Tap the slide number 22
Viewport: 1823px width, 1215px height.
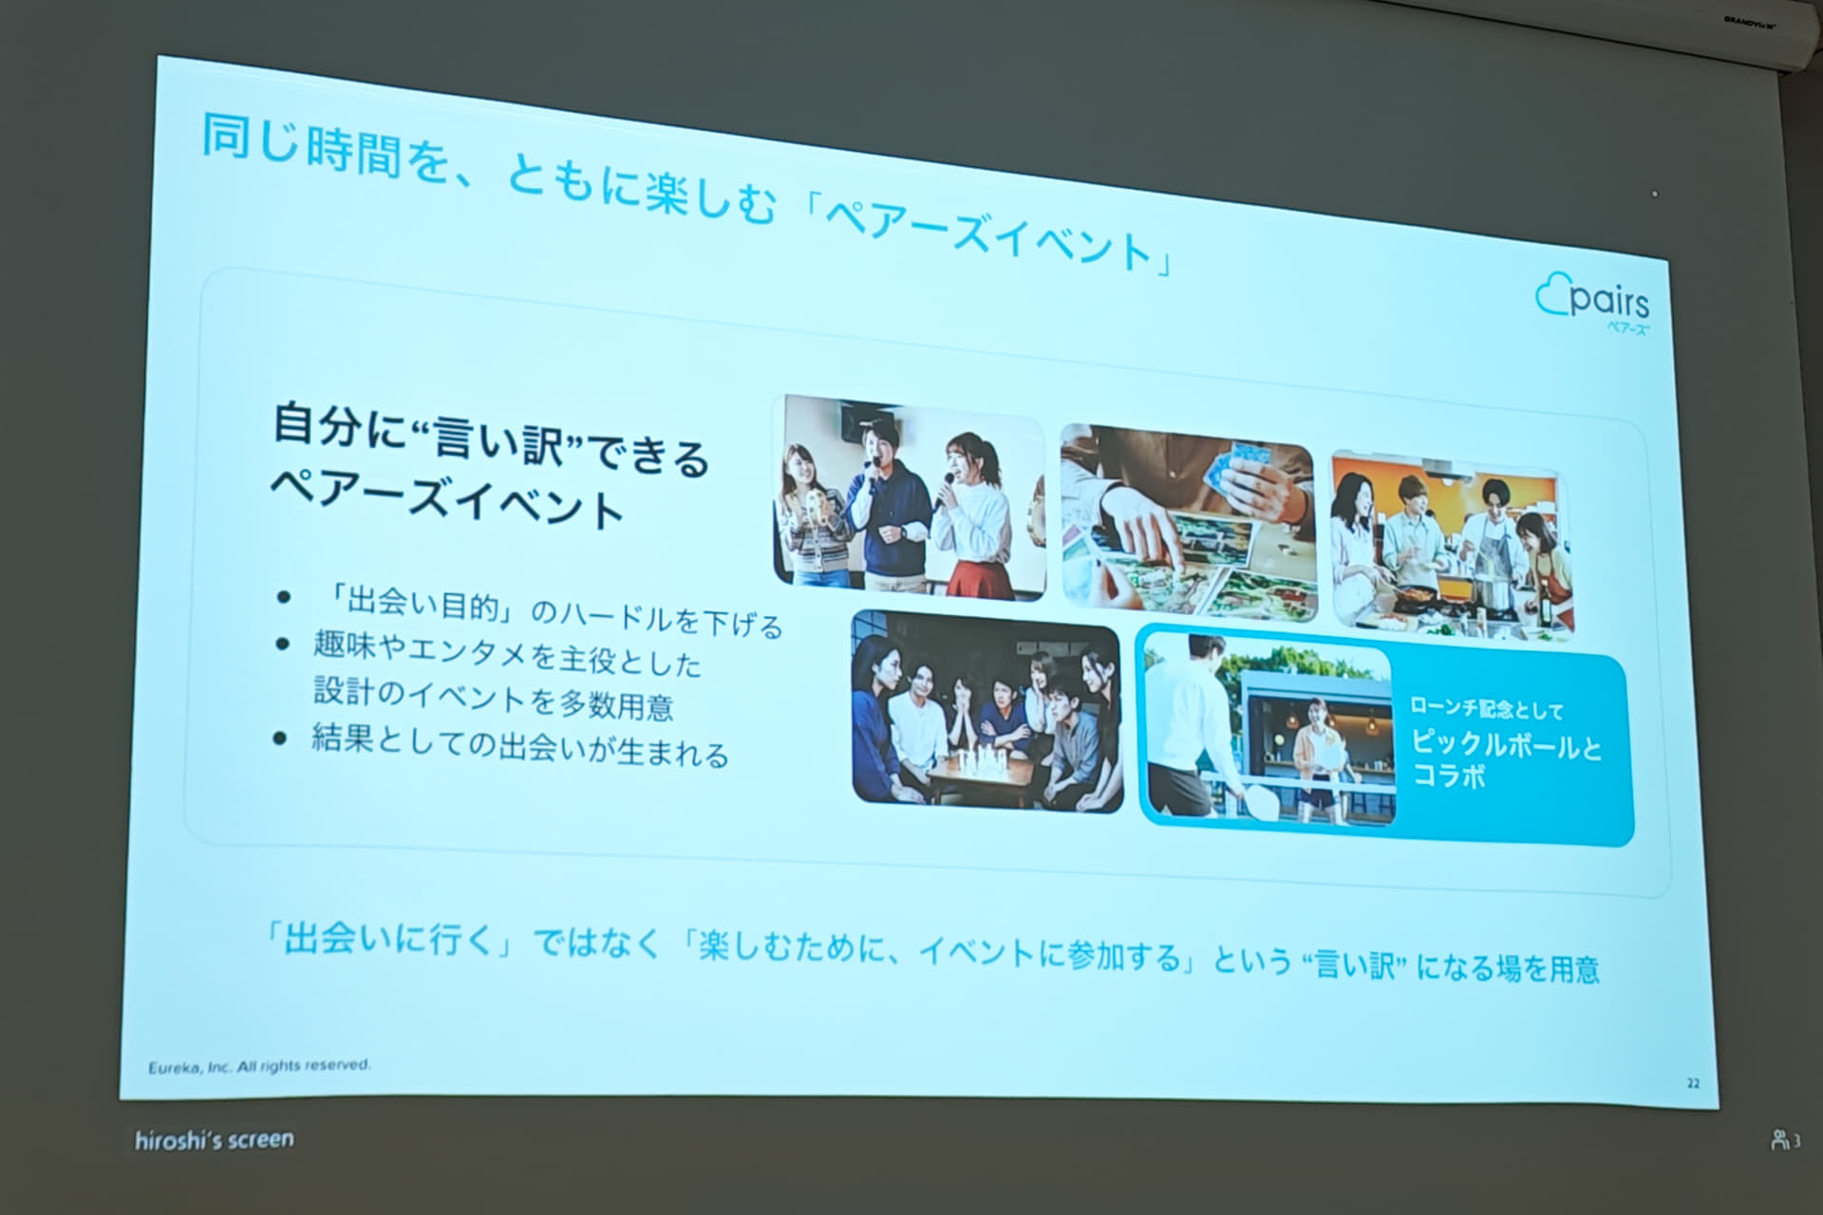pos(1693,1083)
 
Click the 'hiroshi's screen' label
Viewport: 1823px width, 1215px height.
pos(215,1139)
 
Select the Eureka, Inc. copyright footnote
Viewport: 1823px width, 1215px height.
pos(259,1066)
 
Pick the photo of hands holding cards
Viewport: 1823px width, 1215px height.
pos(1188,523)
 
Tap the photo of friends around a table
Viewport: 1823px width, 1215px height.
pos(987,711)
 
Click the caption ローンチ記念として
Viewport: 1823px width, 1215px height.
pos(1486,708)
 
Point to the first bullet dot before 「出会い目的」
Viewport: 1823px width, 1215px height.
pos(283,597)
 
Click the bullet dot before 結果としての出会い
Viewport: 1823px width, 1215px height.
pos(280,738)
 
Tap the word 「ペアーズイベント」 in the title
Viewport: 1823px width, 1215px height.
pos(988,234)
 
